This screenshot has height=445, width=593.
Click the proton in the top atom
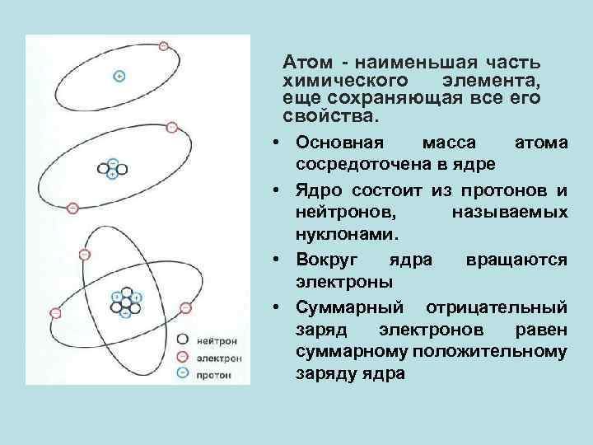(119, 77)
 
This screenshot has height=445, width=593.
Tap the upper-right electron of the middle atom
(170, 127)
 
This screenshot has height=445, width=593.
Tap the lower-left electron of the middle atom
(72, 208)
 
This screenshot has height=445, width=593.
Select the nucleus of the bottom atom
(125, 303)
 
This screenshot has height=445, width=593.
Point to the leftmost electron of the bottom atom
(55, 312)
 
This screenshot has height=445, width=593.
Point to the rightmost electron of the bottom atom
(185, 308)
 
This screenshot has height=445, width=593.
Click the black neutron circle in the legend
(183, 340)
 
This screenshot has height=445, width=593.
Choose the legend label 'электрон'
(220, 358)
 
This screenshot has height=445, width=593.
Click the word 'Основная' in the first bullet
(334, 143)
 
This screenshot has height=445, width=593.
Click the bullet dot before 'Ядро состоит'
(279, 191)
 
